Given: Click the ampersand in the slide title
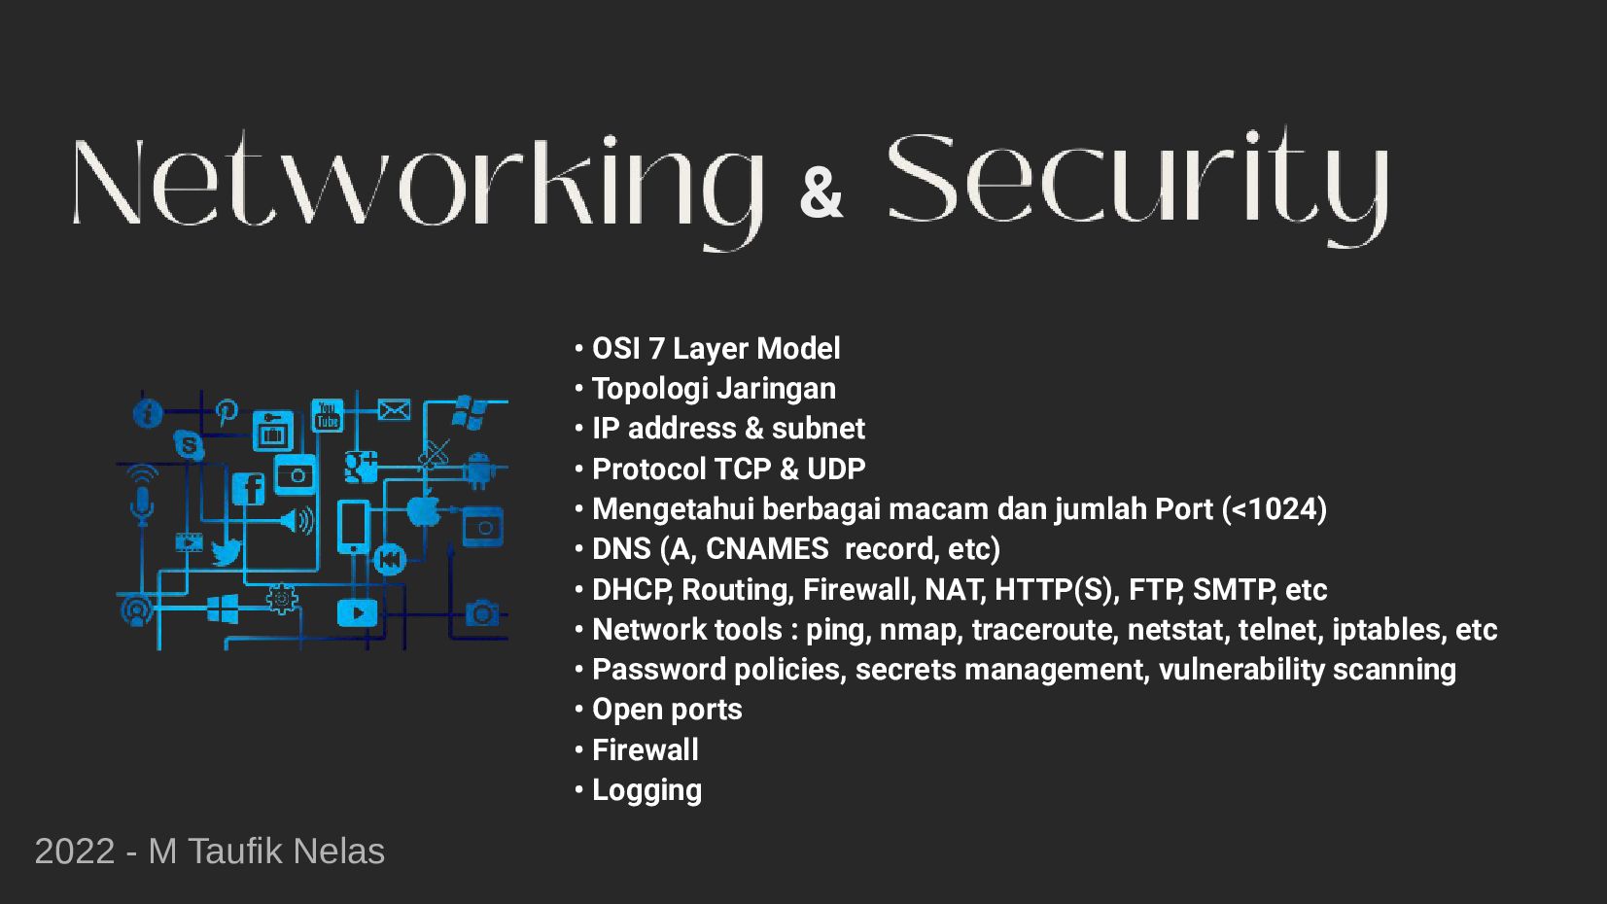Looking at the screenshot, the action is pos(821,192).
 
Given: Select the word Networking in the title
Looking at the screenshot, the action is pos(418,185).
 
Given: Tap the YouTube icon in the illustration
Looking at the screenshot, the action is pos(328,415).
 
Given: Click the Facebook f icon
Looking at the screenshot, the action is pos(249,487).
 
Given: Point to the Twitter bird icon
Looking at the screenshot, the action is pos(226,552).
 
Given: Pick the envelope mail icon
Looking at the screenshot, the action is pos(394,410).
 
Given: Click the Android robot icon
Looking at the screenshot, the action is pos(478,469).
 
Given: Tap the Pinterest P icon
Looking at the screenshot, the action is pos(227,411).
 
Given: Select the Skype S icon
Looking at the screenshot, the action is pos(189,445).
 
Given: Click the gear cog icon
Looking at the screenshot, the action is pos(282,598).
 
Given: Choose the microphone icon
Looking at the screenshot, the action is pos(142,504).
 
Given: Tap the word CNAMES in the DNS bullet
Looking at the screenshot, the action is pos(767,549).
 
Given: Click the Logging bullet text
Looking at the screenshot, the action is pos(646,790).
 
